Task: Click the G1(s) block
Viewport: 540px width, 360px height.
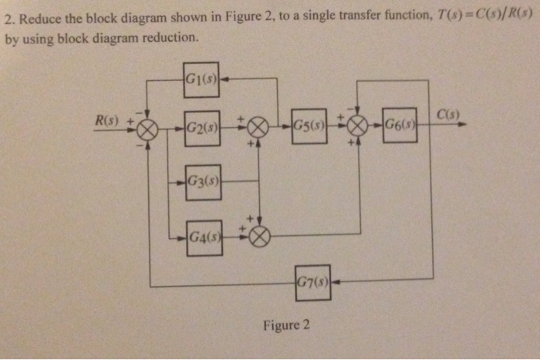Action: pyautogui.click(x=202, y=79)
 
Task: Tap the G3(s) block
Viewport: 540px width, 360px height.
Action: pyautogui.click(x=202, y=182)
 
